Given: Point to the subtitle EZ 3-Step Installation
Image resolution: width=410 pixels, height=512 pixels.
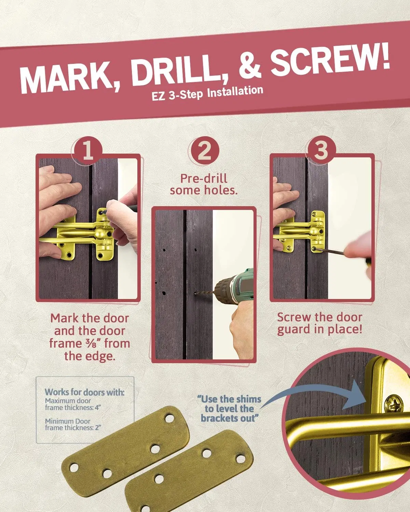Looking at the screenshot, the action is pyautogui.click(x=207, y=93).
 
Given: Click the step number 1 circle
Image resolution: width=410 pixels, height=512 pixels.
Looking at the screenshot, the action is pyautogui.click(x=88, y=151).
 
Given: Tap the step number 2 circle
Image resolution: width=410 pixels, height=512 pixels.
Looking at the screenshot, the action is pyautogui.click(x=205, y=151).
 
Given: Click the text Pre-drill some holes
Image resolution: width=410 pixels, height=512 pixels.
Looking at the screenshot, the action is pyautogui.click(x=204, y=184).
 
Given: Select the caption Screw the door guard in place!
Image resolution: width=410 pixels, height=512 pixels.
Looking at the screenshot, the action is pyautogui.click(x=320, y=324).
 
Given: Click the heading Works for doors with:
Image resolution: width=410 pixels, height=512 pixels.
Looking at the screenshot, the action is pyautogui.click(x=85, y=392).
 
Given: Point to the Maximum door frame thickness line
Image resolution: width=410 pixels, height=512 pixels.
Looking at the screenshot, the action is pyautogui.click(x=73, y=404).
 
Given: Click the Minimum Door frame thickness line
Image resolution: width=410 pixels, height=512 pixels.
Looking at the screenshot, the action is pyautogui.click(x=73, y=425).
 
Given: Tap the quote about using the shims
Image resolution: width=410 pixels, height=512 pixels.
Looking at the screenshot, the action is pyautogui.click(x=229, y=409).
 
